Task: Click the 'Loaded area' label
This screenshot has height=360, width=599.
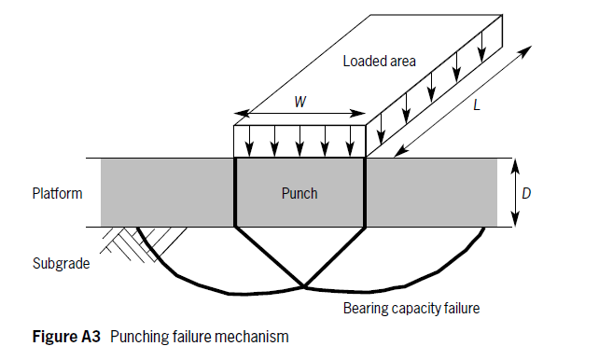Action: pyautogui.click(x=379, y=62)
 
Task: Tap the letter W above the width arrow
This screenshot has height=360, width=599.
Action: pyautogui.click(x=299, y=102)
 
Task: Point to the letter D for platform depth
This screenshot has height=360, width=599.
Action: pyautogui.click(x=527, y=193)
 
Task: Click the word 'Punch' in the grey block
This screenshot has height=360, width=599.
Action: pyautogui.click(x=299, y=194)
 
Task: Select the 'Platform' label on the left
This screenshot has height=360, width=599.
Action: pyautogui.click(x=57, y=194)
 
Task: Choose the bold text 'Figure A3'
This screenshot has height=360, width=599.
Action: pyautogui.click(x=58, y=338)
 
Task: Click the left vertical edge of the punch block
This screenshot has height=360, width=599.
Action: pyautogui.click(x=233, y=192)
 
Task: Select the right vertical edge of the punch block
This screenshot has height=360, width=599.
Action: pyautogui.click(x=365, y=192)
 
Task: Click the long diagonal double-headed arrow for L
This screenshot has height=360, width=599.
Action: pyautogui.click(x=462, y=101)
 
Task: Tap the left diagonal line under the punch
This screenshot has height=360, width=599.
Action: pyautogui.click(x=269, y=256)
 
